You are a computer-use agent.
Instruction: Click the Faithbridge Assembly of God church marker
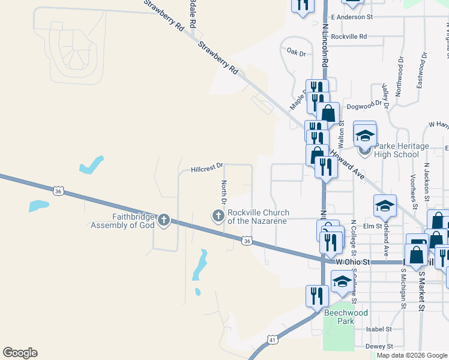pos(164,220)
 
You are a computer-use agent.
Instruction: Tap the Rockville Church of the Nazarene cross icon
pos(218,215)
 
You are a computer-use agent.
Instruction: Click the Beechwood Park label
pos(346,317)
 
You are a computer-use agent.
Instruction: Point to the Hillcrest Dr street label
pos(206,167)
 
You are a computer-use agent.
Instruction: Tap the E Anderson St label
pos(352,17)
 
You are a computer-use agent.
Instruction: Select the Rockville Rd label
pos(349,37)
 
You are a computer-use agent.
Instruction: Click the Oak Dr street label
pos(296,53)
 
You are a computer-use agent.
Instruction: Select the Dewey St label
pos(379,346)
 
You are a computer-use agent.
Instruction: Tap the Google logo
pos(20,353)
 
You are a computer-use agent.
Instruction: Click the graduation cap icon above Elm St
pos(385,206)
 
